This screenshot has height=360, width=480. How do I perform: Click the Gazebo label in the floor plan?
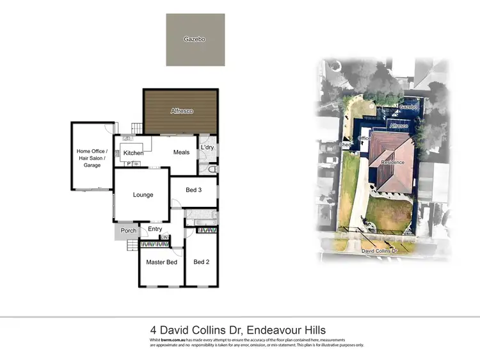[195, 39]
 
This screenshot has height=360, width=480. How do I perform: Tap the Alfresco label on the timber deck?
[182, 111]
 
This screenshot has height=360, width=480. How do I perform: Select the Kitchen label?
[133, 153]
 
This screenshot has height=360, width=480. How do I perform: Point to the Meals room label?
[181, 152]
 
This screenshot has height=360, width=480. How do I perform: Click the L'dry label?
[207, 149]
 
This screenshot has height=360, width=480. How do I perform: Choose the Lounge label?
[143, 195]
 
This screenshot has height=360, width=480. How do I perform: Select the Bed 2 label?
[201, 261]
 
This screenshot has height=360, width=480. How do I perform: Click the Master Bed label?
[161, 262]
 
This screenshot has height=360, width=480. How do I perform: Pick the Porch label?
[129, 231]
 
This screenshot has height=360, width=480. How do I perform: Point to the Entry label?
[155, 229]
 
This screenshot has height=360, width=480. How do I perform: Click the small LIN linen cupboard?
[164, 238]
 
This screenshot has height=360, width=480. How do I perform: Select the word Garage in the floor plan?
[93, 165]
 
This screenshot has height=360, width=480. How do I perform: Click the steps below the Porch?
[133, 246]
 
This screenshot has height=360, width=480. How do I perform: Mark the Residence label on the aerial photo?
[392, 162]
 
